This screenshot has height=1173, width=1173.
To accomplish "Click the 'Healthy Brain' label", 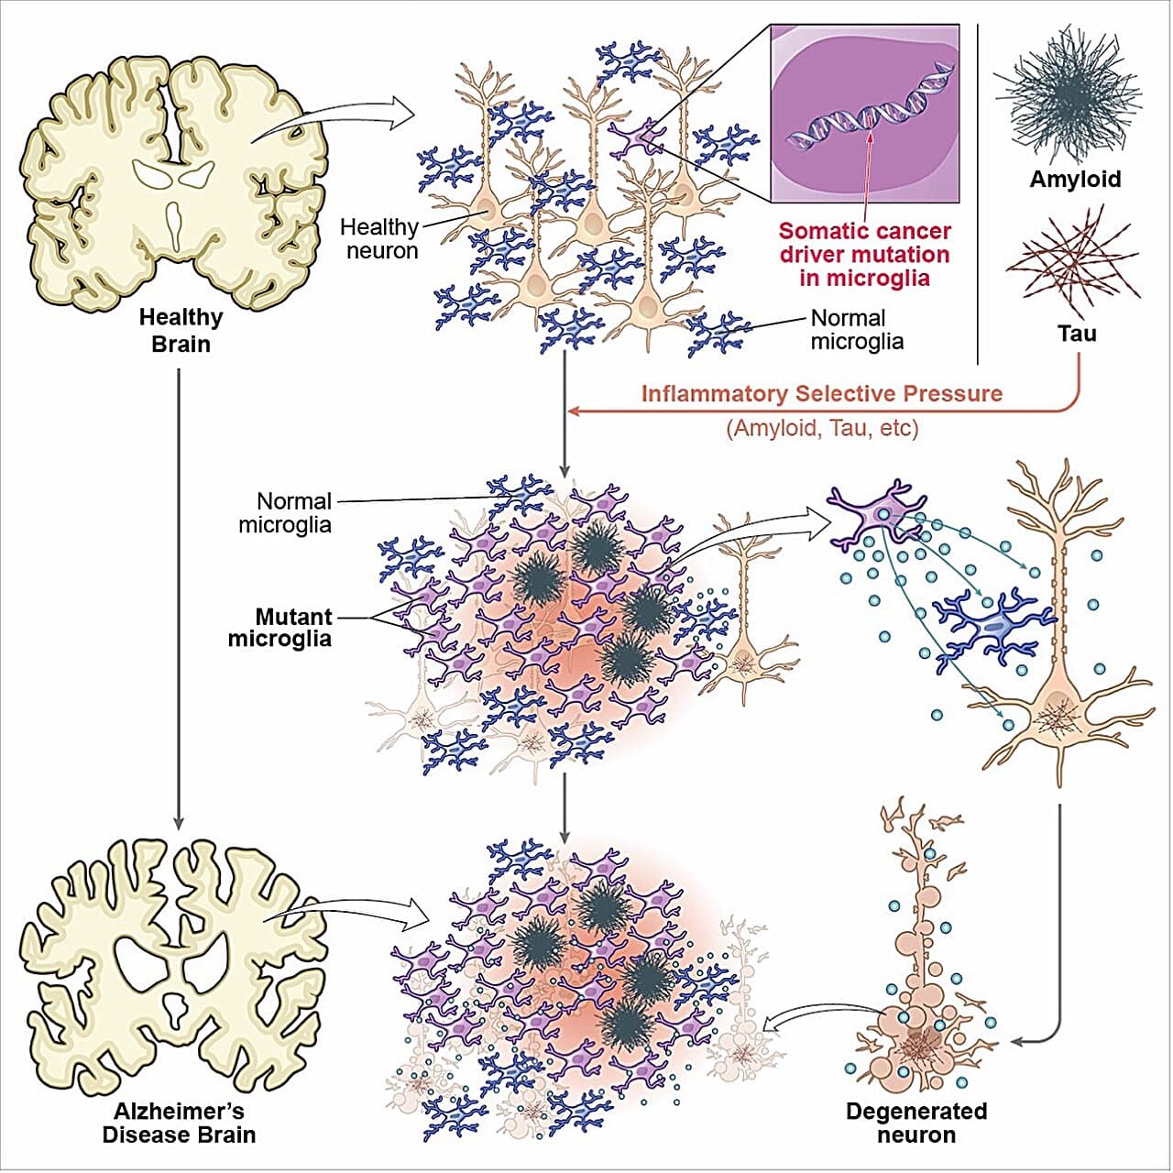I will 181,331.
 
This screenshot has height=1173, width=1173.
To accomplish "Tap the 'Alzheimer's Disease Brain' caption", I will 179,1123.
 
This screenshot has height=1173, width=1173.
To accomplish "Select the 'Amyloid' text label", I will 1075,179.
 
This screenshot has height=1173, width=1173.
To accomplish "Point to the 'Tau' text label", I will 1077,333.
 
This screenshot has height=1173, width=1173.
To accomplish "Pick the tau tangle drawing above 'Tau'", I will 1073,265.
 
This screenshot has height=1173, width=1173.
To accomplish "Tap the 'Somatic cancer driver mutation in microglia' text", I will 864,255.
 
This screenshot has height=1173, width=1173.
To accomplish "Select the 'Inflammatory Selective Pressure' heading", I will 821,394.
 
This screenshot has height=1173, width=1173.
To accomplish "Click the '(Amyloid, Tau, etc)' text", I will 821,428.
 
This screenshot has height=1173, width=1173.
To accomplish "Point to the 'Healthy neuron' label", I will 379,238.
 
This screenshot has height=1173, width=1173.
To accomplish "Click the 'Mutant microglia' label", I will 280,628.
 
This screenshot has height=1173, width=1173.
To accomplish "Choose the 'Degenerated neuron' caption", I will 915,1123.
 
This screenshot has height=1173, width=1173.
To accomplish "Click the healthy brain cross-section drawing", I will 173,182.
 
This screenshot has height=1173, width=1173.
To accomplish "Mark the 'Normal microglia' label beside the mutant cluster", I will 286,513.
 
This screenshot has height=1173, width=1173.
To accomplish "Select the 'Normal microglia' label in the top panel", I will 856,330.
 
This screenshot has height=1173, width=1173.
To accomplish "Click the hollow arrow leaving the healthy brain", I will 339,117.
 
